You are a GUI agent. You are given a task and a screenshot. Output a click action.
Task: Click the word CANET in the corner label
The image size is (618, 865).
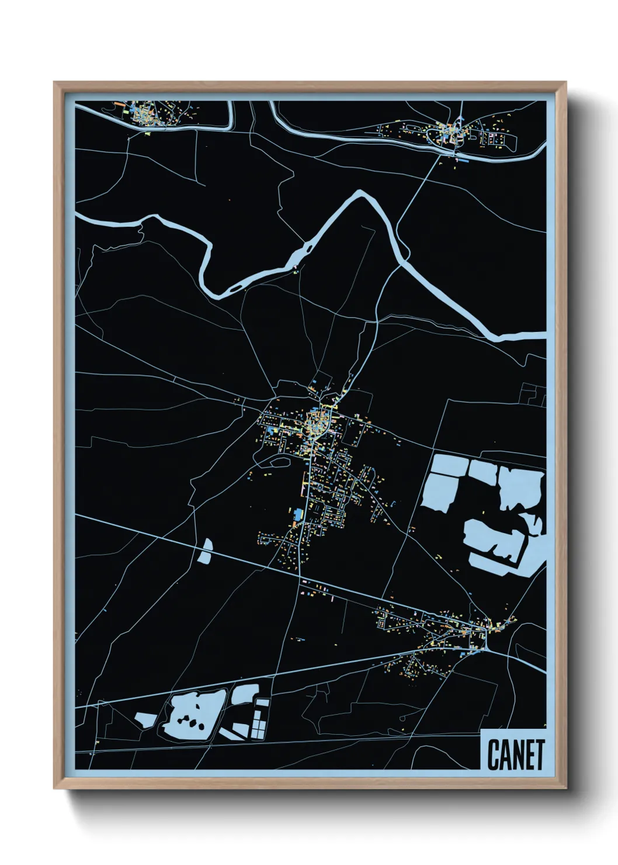pos(515,755)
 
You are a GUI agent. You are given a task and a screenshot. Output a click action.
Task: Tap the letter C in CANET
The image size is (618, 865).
pos(493,755)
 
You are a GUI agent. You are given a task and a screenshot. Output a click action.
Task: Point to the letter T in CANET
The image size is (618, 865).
pos(539,755)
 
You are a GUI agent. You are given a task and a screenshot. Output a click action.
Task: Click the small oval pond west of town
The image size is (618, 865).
pos(205,551)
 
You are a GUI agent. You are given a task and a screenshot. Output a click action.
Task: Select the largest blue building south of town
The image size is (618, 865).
pos(298,515)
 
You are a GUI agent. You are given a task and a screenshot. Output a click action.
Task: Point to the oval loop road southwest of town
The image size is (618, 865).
pos(278,461)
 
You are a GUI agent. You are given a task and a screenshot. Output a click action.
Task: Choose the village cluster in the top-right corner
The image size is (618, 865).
pos(453,134)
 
